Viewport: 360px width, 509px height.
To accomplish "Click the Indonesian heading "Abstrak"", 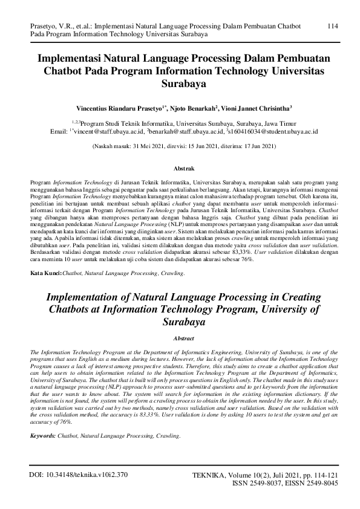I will pos(180,165).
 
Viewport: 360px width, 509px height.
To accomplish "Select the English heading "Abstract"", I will pos(180,340).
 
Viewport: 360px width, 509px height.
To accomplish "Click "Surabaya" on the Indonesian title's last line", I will pos(180,85).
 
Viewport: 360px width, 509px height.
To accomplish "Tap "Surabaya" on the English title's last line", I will pos(180,323).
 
